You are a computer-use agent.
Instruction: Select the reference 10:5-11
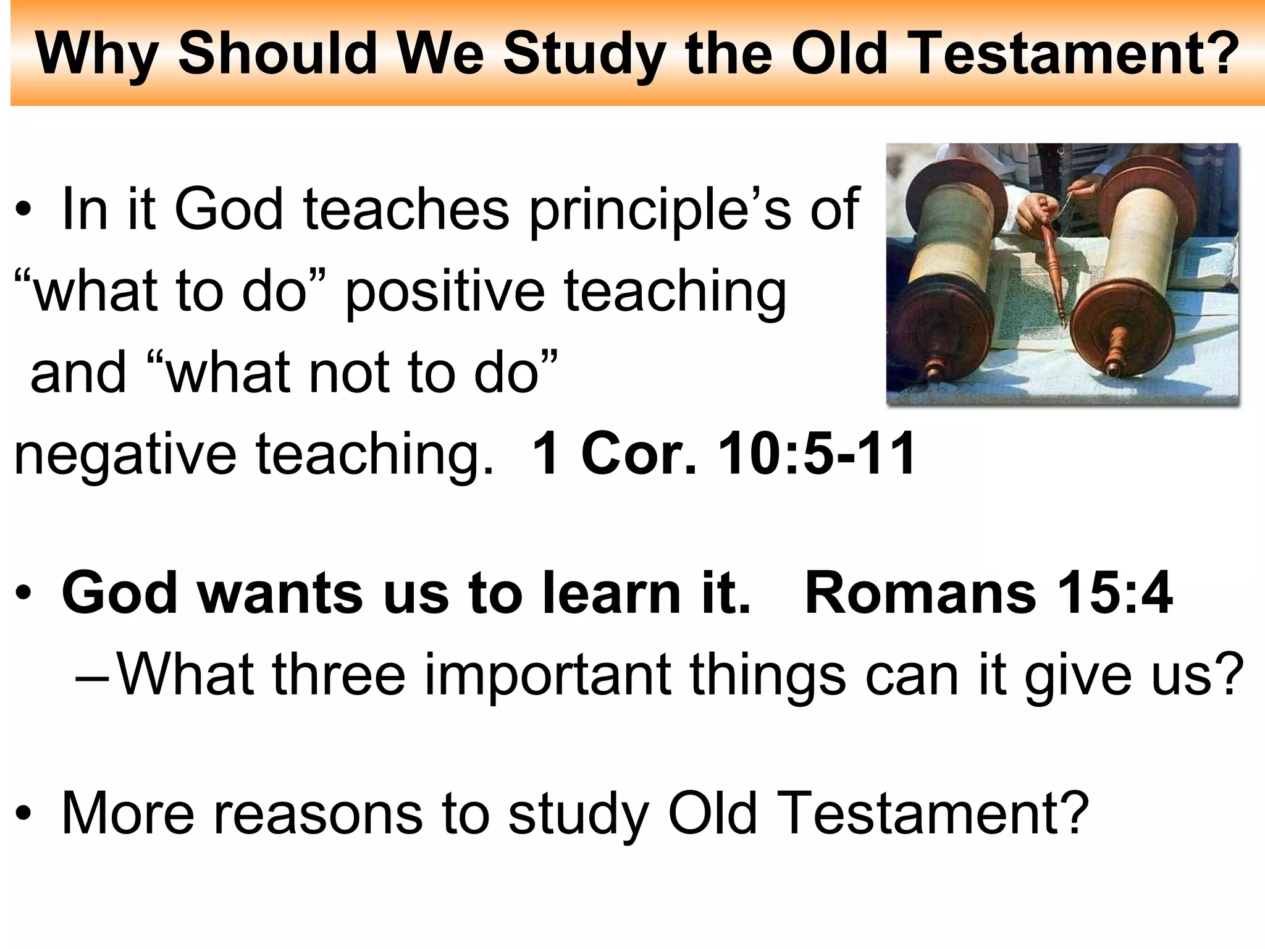coord(817,453)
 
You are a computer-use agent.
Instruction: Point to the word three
coord(338,675)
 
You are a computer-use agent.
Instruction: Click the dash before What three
coord(93,677)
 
